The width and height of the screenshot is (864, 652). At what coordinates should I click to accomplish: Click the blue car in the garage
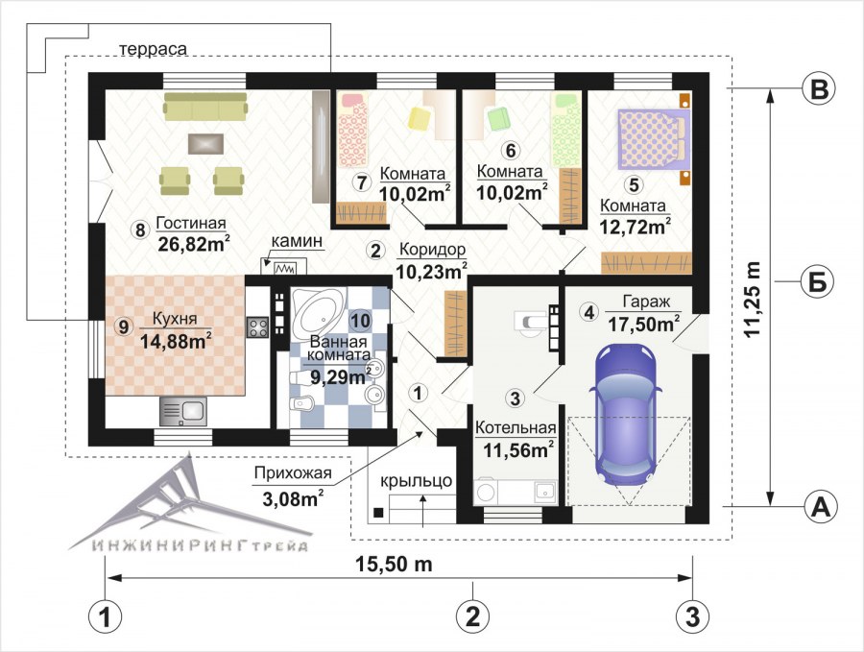[626, 415]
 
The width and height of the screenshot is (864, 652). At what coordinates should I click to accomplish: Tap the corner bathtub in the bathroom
[316, 312]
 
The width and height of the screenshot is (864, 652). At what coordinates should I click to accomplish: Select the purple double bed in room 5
[654, 138]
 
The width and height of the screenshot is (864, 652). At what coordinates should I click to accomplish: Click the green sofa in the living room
[205, 106]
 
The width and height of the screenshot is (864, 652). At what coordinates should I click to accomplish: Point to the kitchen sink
[183, 411]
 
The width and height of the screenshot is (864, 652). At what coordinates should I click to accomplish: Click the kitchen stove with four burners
[256, 328]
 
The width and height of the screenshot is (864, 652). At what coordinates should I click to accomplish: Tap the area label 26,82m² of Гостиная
[193, 242]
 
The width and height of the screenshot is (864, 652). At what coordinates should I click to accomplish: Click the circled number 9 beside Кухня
[124, 326]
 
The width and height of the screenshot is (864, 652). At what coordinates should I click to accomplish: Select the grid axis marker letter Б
[817, 282]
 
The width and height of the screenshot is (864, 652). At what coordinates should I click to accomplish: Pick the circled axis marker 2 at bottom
[472, 616]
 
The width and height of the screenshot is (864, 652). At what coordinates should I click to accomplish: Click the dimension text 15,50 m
[394, 564]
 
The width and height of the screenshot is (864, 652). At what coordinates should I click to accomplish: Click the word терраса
[153, 49]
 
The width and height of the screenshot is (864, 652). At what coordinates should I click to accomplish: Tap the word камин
[297, 241]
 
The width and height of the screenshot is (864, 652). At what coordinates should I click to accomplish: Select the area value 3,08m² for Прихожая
[293, 498]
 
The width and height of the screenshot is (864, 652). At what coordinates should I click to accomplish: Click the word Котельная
[516, 428]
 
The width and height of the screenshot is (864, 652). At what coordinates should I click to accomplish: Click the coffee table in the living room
[205, 143]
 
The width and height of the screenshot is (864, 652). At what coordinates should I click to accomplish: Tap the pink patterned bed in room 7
[352, 130]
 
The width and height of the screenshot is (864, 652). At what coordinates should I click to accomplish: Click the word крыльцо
[416, 481]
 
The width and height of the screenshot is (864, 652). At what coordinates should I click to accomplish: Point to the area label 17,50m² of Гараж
[643, 324]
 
